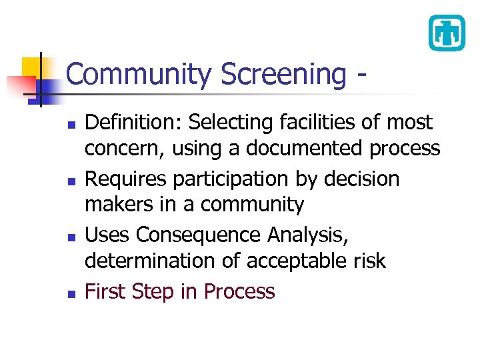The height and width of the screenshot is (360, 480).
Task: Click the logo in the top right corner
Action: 446,33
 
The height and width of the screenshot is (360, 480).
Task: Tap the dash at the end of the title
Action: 361,75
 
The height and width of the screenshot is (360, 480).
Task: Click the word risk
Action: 369,261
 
